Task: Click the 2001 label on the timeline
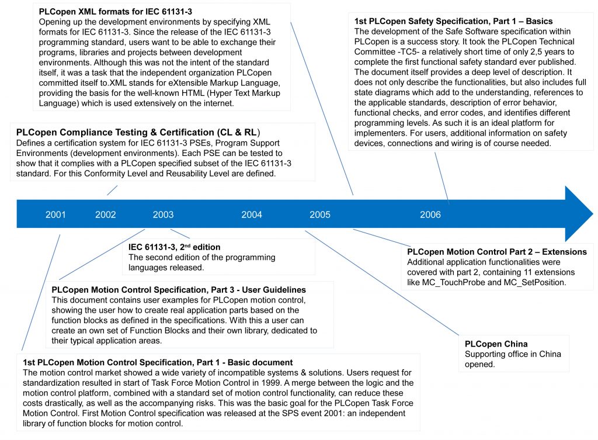55,214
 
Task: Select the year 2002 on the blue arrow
105,214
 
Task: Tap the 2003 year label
163,214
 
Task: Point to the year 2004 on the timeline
252,214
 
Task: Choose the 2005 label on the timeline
320,214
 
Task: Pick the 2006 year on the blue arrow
430,214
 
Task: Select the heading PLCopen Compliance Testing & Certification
138,132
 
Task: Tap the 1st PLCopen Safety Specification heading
453,21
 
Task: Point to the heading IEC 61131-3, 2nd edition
175,247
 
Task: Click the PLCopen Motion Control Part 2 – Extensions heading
497,252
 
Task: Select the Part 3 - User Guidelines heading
179,290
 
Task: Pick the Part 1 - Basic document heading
158,362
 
